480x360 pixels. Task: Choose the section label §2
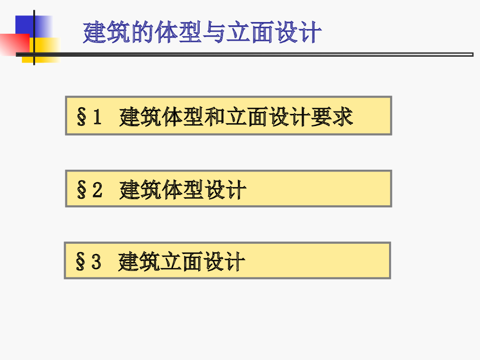coord(89,190)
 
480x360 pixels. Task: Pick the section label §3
coord(88,262)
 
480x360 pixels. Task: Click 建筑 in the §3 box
coord(139,262)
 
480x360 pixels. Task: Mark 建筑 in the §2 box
coord(140,190)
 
